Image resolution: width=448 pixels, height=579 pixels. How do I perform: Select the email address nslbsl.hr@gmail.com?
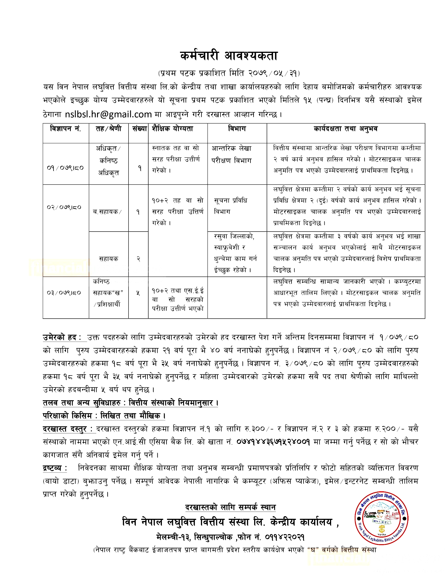[x=108, y=114]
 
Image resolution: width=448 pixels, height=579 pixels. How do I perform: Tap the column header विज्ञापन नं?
[x=65, y=129]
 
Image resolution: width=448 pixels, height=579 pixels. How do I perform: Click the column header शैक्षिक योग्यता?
[x=173, y=129]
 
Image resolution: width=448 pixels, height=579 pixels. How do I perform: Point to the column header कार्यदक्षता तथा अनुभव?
[x=346, y=129]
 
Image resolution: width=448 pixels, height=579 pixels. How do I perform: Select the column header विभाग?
[x=237, y=129]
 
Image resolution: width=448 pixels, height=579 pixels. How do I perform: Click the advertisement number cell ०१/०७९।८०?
[x=65, y=168]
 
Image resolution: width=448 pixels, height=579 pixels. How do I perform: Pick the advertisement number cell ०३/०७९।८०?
[x=64, y=293]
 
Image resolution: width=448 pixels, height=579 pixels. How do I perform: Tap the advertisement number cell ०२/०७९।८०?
[x=64, y=207]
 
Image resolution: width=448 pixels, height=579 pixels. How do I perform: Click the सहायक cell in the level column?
[x=109, y=259]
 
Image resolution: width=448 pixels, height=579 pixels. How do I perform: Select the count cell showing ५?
[x=138, y=293]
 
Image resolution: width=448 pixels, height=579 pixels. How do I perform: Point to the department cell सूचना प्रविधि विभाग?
[x=230, y=206]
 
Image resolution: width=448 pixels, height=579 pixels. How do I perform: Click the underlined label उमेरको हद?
[x=62, y=337]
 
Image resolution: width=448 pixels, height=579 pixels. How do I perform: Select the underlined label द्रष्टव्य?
[x=55, y=468]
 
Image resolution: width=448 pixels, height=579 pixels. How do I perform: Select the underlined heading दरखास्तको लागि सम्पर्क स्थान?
[x=230, y=507]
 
